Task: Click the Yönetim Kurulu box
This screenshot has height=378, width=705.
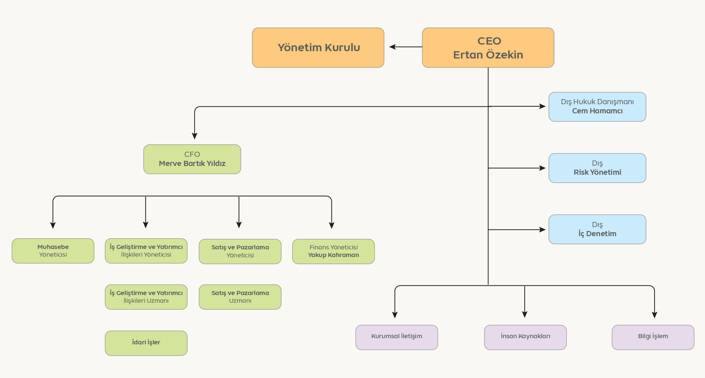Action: [318, 48]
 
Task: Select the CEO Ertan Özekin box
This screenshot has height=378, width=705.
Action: [488, 48]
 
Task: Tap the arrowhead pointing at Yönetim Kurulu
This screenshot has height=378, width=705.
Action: [392, 47]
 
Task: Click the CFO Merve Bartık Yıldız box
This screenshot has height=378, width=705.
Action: [192, 159]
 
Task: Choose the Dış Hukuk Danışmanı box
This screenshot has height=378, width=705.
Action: [597, 107]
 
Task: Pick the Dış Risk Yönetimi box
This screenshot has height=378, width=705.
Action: [597, 168]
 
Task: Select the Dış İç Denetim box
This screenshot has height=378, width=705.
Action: [597, 229]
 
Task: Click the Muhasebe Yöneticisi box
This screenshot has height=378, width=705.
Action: [53, 251]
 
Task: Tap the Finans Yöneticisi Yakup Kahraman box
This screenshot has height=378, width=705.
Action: [334, 252]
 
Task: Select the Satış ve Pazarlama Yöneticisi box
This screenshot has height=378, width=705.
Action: [240, 252]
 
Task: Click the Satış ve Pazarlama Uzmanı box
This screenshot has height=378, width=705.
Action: [240, 297]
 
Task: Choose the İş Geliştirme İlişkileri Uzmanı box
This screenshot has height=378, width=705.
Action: [146, 297]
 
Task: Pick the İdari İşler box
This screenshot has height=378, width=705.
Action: [146, 343]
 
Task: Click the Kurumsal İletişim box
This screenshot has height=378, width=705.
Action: [397, 337]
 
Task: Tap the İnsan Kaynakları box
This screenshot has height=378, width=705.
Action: [525, 337]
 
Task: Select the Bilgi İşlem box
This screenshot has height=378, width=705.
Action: [653, 337]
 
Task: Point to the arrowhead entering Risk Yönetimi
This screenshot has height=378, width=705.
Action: [543, 168]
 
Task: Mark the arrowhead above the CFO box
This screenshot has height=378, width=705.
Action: [194, 136]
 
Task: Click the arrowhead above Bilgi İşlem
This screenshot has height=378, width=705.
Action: [655, 315]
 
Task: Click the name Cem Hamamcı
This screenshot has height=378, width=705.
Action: [597, 111]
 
